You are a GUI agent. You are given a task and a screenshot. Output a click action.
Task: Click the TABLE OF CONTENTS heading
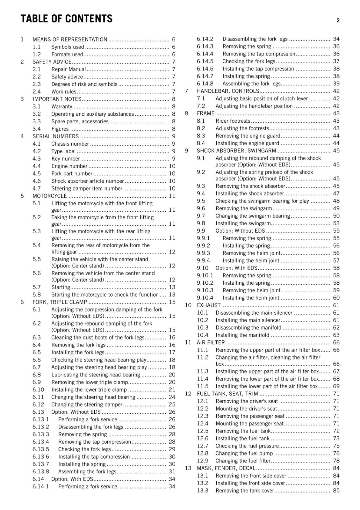tap(66, 19)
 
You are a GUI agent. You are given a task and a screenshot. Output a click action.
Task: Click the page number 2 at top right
tap(338, 20)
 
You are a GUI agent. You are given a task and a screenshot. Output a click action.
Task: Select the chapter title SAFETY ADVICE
tap(52, 62)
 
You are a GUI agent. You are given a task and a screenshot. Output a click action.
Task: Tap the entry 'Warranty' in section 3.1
tap(62, 106)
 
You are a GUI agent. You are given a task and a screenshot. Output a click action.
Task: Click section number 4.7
tap(37, 188)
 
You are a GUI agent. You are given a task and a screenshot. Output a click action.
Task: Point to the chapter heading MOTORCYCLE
tap(50, 196)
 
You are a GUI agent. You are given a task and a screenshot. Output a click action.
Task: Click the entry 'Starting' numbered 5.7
tap(61, 287)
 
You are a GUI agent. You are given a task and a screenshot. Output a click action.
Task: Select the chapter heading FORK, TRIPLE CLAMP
tap(60, 302)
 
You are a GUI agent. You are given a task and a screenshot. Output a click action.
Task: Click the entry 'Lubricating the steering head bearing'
tap(96, 375)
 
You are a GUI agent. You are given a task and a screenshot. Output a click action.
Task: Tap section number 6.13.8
tap(41, 472)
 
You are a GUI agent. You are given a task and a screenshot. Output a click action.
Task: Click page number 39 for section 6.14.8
tap(336, 84)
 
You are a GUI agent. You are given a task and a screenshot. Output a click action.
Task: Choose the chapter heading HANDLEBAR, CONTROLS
tap(227, 91)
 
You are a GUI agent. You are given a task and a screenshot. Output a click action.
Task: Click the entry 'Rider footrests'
tap(233, 121)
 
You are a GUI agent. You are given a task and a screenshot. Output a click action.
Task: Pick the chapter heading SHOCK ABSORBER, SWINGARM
tap(236, 151)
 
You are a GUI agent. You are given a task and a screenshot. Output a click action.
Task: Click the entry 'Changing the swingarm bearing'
tap(253, 216)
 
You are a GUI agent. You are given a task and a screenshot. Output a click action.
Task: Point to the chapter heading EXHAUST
tap(208, 305)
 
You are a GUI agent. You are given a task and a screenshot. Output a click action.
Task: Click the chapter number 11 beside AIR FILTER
tap(188, 343)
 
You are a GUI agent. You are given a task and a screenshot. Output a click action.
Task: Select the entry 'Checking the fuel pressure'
tap(247, 446)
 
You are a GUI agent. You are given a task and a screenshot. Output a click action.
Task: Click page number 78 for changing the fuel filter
tap(336, 461)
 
